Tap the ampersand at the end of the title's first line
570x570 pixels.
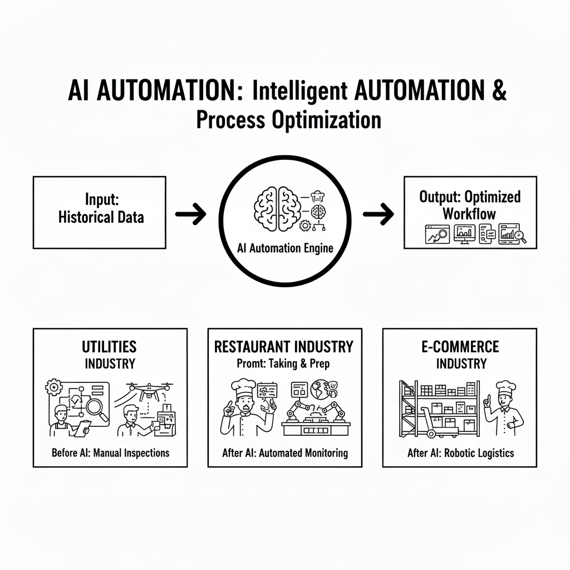click(x=499, y=91)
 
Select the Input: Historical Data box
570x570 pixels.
click(x=100, y=212)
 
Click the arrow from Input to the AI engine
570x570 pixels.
click(x=191, y=214)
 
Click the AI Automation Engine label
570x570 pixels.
click(x=284, y=248)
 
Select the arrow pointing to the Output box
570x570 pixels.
click(x=378, y=214)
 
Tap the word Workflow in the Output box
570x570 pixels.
click(x=469, y=213)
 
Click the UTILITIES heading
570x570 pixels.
click(x=110, y=347)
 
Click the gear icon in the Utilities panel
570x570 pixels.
click(x=53, y=388)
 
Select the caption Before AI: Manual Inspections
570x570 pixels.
click(x=110, y=453)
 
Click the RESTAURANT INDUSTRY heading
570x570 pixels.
click(x=284, y=347)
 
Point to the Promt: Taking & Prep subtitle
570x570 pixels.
click(x=284, y=363)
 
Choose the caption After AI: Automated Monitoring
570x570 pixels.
click(x=284, y=453)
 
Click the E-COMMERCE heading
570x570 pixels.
click(x=460, y=347)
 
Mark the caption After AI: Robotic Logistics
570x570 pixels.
click(x=460, y=453)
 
